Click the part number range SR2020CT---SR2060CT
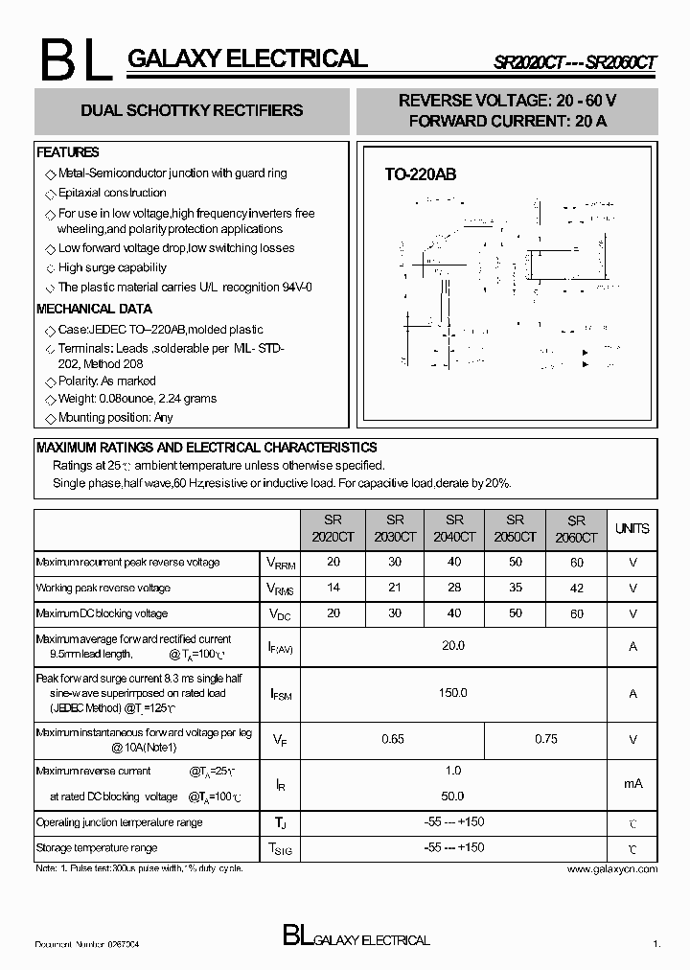575,62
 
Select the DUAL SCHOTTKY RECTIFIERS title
192,110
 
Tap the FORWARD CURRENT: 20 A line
507,122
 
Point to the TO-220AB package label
420,174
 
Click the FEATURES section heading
68,152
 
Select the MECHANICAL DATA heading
94,309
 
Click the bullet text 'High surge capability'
112,267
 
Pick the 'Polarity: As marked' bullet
106,381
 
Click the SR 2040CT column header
454,529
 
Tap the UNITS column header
632,528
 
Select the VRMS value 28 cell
454,588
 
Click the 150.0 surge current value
453,692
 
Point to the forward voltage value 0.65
393,739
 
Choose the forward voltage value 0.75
546,739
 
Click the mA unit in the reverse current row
632,783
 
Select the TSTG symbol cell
280,848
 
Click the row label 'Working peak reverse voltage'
103,588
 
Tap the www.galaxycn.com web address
611,868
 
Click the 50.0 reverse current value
453,796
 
